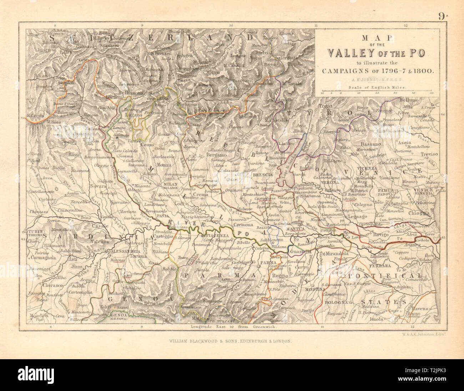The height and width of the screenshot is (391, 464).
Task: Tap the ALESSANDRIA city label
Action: (x=126, y=251)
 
